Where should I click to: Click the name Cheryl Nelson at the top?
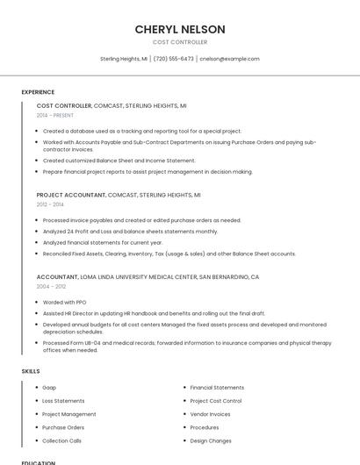pos(180,29)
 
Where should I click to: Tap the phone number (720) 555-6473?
pos(174,59)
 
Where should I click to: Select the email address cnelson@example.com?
pos(229,59)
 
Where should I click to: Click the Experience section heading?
pos(38,92)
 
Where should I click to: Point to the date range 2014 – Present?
pos(55,115)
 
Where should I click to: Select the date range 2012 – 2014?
pos(49,204)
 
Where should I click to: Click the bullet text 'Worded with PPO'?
pos(64,302)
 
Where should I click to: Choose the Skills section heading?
pos(31,371)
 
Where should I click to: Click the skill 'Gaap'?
pos(49,387)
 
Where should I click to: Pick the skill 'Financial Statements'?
pos(217,387)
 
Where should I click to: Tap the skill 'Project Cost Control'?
pos(216,401)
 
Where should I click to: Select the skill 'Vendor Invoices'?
pos(211,414)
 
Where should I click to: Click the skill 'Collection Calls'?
pos(61,440)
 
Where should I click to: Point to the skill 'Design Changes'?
pos(211,440)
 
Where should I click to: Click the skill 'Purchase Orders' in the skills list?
pos(62,427)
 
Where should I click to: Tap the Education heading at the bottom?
pos(38,462)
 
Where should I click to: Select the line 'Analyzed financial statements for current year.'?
pos(103,242)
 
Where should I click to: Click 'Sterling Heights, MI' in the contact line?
pos(123,59)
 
